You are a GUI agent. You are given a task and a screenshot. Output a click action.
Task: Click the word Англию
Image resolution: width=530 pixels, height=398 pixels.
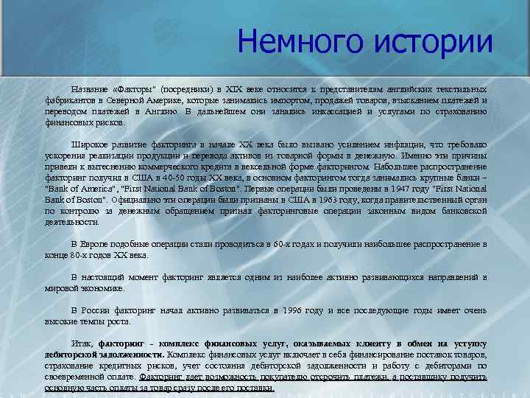[160, 111]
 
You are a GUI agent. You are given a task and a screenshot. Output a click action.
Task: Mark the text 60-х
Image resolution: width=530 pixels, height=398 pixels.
[283, 243]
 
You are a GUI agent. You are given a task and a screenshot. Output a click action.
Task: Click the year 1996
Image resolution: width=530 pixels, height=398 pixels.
[294, 310]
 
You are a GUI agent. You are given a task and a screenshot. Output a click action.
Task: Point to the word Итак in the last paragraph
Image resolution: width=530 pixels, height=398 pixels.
[80, 344]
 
